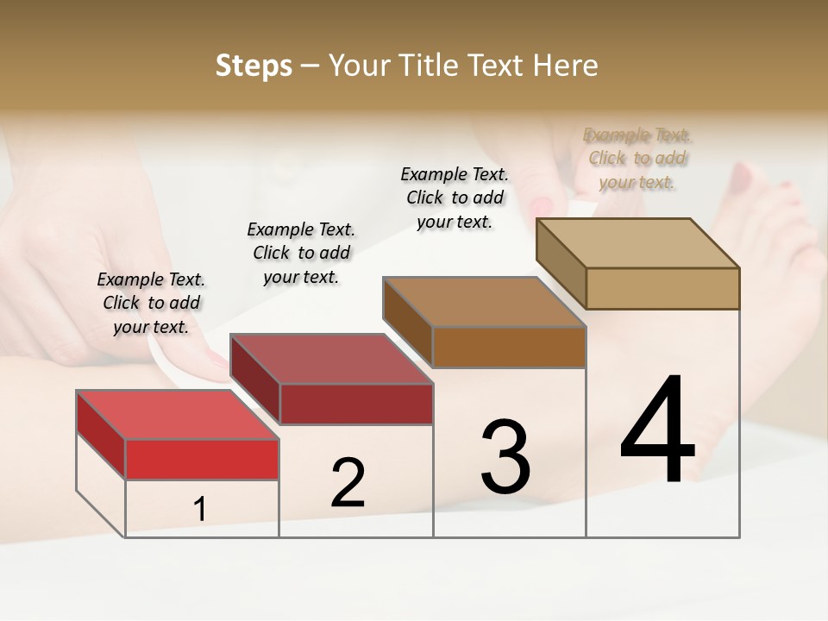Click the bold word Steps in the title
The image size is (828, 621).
tap(254, 66)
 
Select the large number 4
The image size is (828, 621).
tap(657, 430)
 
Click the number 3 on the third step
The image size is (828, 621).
tap(505, 456)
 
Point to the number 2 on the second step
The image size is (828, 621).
tap(348, 484)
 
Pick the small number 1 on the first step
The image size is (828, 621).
tap(200, 510)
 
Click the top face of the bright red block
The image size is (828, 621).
tap(177, 415)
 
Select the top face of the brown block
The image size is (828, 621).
tap(484, 302)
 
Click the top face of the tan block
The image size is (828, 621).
tap(637, 243)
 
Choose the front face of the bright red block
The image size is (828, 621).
tap(203, 459)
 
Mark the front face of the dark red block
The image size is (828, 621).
tap(356, 404)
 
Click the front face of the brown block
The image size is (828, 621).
tap(509, 347)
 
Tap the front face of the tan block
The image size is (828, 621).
tap(662, 288)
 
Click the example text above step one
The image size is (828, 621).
tap(151, 303)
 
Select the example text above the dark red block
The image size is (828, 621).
tap(301, 253)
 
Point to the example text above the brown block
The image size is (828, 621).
tap(455, 198)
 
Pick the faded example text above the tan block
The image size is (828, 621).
tap(637, 158)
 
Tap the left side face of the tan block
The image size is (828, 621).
tap(561, 262)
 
